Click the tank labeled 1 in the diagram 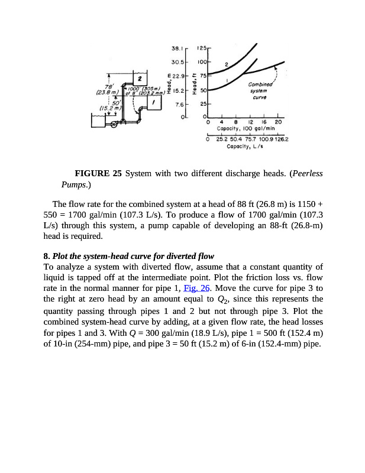tap(154, 102)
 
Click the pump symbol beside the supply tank tap(114, 124)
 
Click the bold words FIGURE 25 tap(98, 173)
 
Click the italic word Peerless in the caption tap(305, 173)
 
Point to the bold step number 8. tap(46, 256)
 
